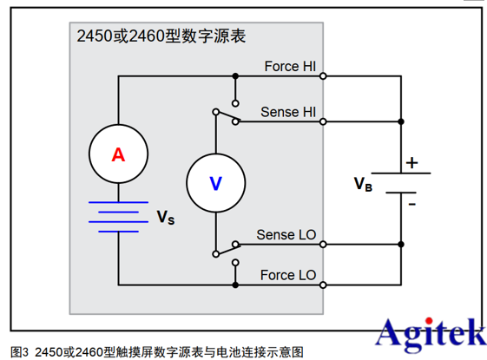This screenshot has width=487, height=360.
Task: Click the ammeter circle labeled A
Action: pyautogui.click(x=118, y=155)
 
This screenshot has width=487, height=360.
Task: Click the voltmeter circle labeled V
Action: pyautogui.click(x=216, y=182)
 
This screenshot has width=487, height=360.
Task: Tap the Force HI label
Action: pyautogui.click(x=289, y=66)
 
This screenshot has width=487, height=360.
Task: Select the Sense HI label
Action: pyautogui.click(x=289, y=113)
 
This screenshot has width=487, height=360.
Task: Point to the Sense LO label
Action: pyautogui.click(x=287, y=234)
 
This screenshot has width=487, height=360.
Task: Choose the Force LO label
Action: pyautogui.click(x=288, y=276)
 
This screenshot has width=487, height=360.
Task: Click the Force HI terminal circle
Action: pyautogui.click(x=323, y=76)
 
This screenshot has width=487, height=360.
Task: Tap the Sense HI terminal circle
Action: pyautogui.click(x=323, y=122)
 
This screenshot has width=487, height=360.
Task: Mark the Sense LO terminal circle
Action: pyautogui.click(x=323, y=245)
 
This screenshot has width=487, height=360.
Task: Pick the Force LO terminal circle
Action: pyautogui.click(x=323, y=285)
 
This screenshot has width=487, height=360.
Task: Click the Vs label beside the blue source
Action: pyautogui.click(x=165, y=216)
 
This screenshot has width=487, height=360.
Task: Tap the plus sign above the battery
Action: pyautogui.click(x=411, y=162)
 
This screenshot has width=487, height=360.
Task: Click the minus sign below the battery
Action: pyautogui.click(x=411, y=204)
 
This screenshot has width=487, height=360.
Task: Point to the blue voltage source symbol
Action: pyautogui.click(x=118, y=217)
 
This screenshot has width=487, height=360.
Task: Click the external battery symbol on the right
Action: pyautogui.click(x=404, y=182)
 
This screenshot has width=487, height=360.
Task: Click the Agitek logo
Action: pyautogui.click(x=428, y=332)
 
